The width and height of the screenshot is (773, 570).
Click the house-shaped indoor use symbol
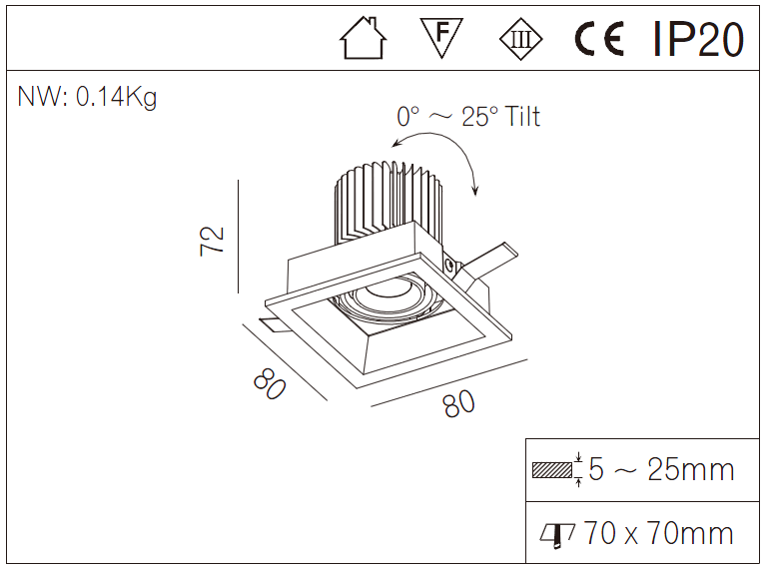pos(363,39)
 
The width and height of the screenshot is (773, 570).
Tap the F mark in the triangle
pos(441,37)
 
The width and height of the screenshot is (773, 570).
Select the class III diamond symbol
pos(520,40)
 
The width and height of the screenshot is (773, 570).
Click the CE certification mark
pos(599,40)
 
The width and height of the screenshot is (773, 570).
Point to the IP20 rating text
pos(698,39)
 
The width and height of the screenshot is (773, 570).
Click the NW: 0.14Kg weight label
pos(87,98)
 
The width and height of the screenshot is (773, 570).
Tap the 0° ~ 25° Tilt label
pos(468,117)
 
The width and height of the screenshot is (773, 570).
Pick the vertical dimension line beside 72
pos(239,237)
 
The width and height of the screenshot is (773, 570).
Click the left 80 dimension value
pos(270,382)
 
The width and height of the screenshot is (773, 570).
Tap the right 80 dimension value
pos(458,403)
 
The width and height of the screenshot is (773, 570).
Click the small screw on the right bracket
pos(450,266)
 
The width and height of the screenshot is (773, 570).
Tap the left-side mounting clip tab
pos(273,323)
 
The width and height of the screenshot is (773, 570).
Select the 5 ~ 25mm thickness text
pos(661,469)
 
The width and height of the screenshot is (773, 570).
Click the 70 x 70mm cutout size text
pos(658,533)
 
